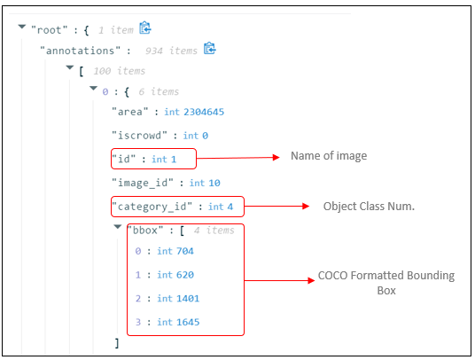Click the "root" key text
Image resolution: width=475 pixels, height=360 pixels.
[49, 28]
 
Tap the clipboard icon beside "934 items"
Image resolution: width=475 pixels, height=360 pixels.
[210, 50]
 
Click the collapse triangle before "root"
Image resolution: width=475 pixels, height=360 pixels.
[20, 28]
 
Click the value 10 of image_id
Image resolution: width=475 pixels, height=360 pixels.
[214, 183]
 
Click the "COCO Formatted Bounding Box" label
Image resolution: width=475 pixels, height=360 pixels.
[385, 283]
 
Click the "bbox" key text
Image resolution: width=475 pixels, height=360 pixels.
[145, 230]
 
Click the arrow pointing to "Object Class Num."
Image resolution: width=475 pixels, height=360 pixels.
[274, 206]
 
